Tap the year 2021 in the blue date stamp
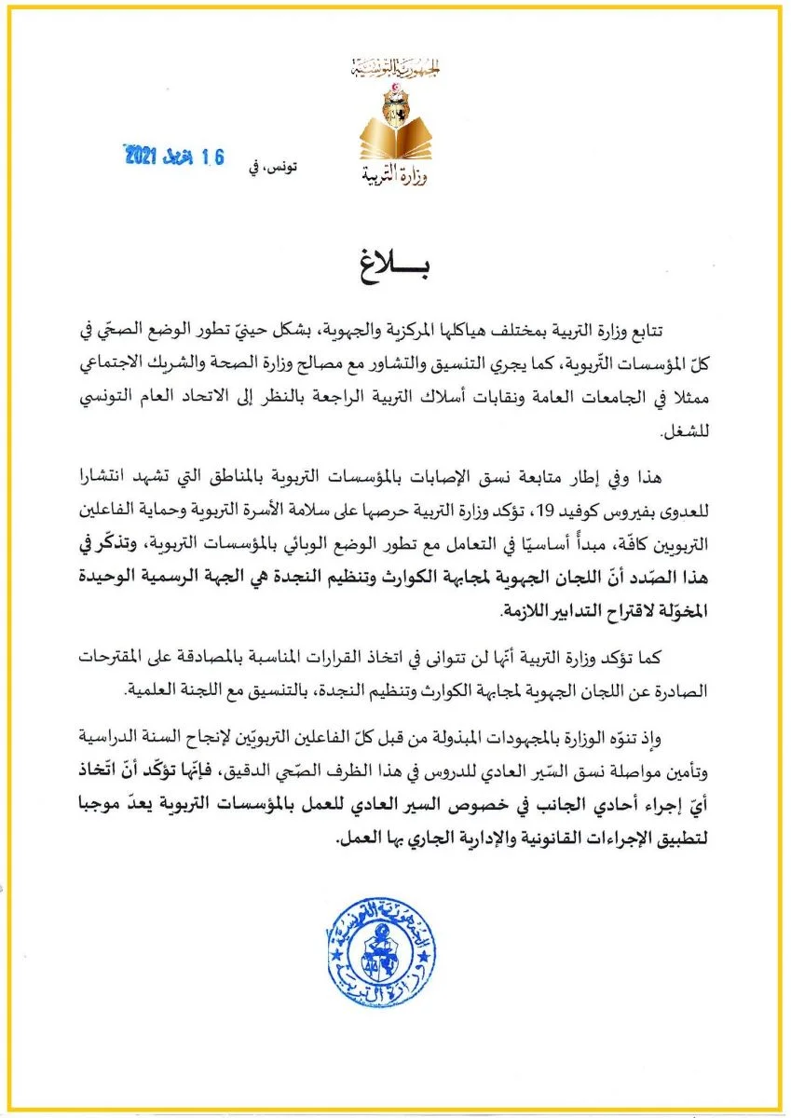143,157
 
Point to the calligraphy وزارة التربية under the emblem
395,174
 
